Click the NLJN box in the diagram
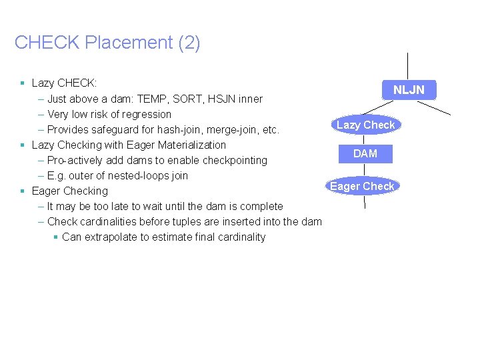point(408,90)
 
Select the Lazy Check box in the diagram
point(365,125)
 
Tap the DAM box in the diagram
point(365,153)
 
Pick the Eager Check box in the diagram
point(362,186)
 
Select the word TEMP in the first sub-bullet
point(153,99)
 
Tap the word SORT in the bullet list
point(187,99)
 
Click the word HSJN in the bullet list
point(221,99)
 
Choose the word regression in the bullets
point(147,114)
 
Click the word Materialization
point(192,145)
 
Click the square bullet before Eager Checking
point(23,191)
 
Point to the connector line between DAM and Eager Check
point(365,171)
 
